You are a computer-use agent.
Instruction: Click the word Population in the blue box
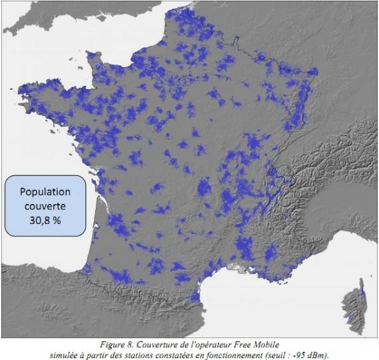pyautogui.click(x=45, y=192)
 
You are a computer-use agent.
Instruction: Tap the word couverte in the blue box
pyautogui.click(x=45, y=205)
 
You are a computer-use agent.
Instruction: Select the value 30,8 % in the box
pyautogui.click(x=45, y=219)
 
